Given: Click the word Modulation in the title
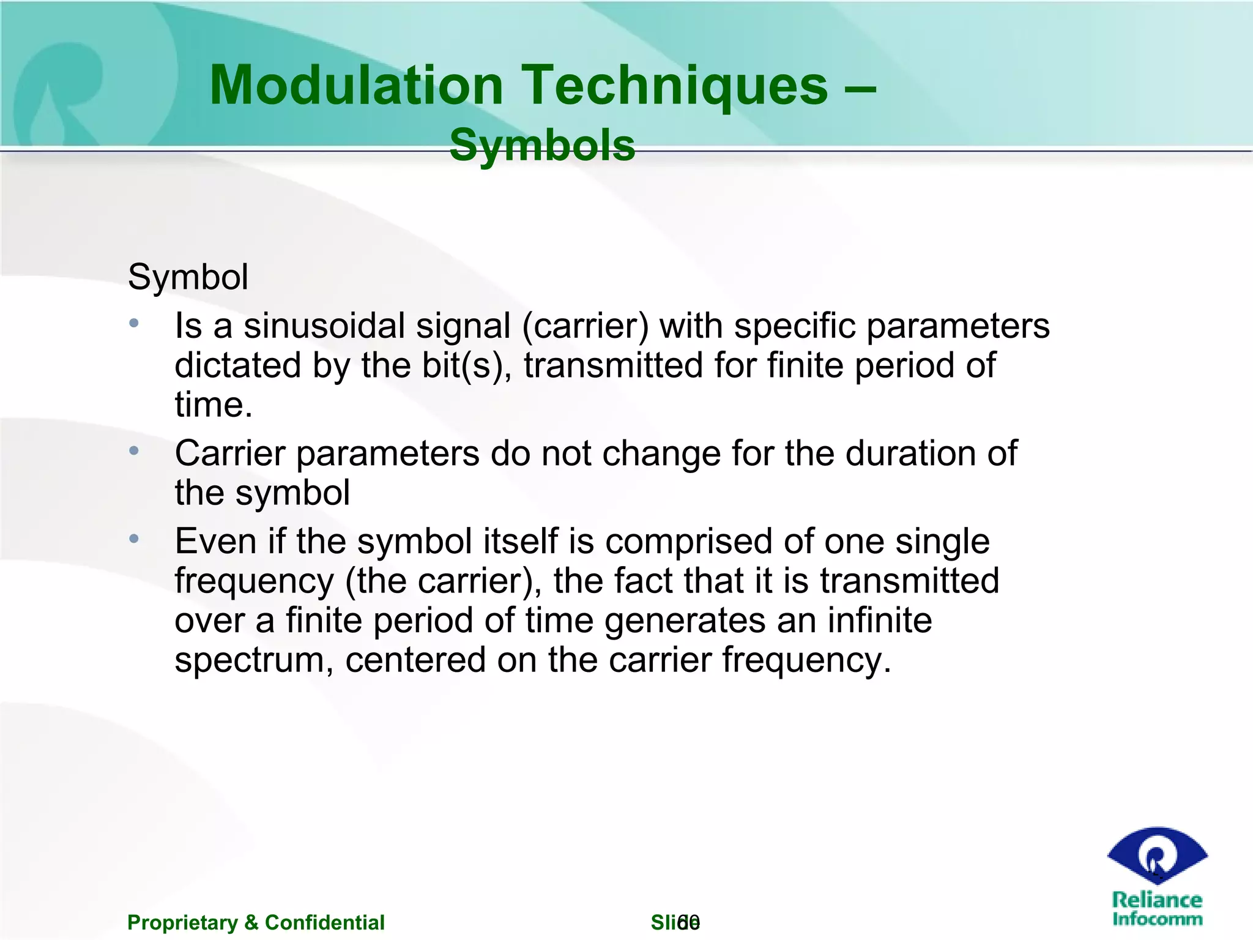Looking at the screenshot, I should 356,86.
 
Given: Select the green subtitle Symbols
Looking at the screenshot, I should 542,146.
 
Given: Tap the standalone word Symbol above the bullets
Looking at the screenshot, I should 188,277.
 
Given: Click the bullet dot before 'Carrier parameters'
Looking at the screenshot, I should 134,451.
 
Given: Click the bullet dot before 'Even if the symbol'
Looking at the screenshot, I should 134,539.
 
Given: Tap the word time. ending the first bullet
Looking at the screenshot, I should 213,405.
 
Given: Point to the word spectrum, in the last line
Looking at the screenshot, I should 254,660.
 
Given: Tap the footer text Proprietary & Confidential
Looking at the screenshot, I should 256,922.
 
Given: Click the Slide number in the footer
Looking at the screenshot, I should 675,922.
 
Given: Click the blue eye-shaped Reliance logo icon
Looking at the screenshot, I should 1157,855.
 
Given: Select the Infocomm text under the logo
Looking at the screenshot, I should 1157,919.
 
